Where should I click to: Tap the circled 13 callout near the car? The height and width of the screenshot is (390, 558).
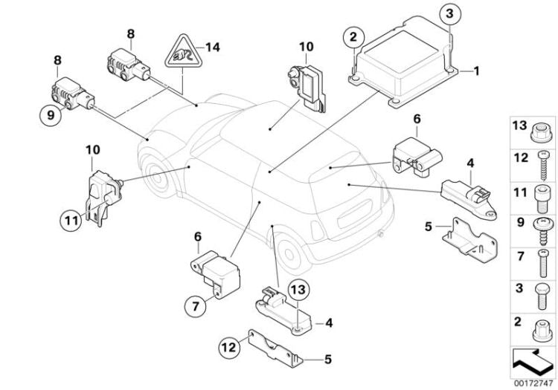(x=297, y=290)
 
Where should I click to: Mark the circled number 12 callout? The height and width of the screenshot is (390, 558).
(x=228, y=345)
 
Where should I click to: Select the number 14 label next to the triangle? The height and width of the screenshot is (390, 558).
(x=214, y=47)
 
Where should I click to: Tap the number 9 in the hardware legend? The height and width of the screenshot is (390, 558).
(x=519, y=221)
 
